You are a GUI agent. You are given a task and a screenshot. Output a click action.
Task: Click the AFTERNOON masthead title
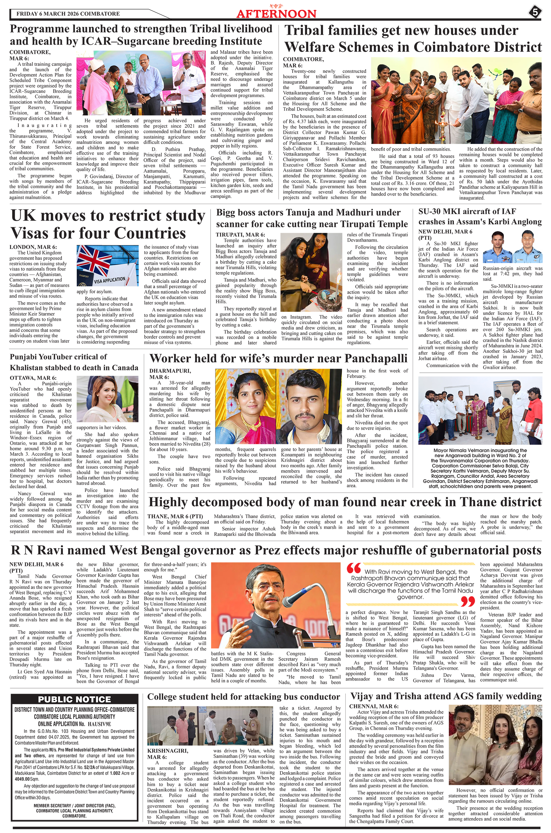pos(276,13)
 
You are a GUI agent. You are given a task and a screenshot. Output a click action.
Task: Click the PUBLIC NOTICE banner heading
pos(74,699)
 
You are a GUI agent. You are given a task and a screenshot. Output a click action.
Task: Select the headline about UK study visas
pos(107,224)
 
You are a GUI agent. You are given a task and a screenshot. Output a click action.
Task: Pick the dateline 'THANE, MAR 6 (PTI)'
pos(175,516)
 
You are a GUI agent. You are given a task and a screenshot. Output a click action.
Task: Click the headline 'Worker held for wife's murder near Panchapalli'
pos(278,358)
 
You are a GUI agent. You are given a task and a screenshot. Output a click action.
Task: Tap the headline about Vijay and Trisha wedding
pos(446,696)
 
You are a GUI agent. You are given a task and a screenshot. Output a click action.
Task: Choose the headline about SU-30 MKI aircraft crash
pos(480,216)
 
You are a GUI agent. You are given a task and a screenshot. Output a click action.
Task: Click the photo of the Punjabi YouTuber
pos(107,400)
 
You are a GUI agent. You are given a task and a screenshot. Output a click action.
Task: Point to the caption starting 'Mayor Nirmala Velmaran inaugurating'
pos(480,469)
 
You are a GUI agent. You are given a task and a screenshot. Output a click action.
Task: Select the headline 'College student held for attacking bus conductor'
pos(244,697)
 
